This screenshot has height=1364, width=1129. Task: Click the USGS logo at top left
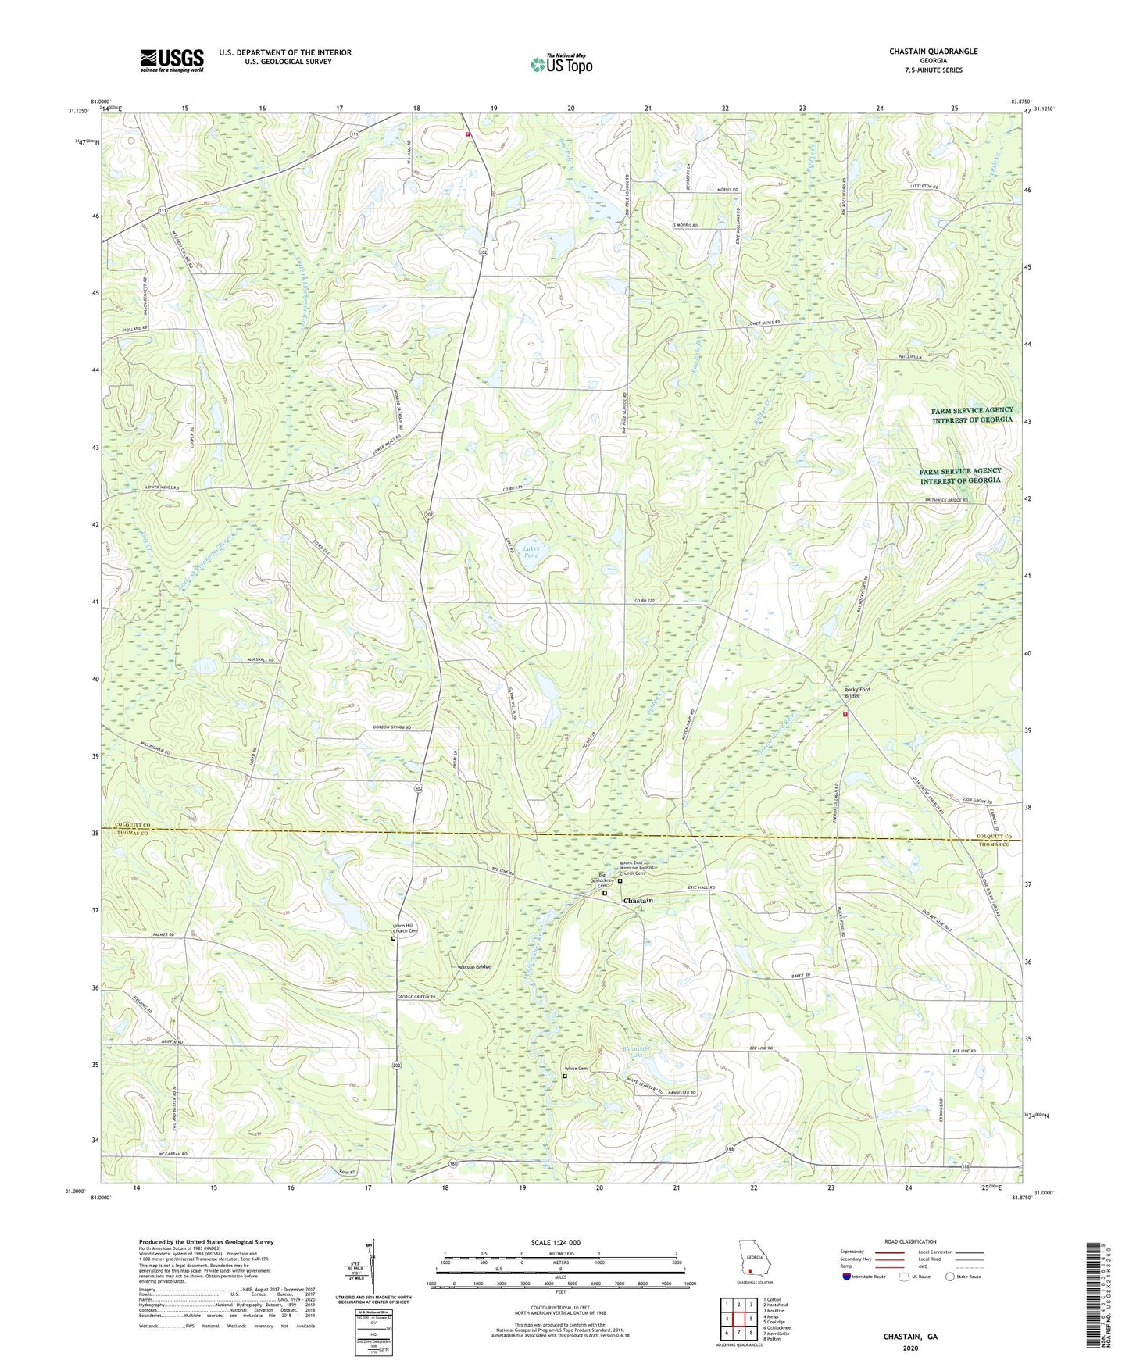tap(171, 60)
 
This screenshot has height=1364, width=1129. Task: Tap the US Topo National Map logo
tap(561, 64)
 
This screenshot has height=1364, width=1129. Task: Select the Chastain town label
tap(638, 901)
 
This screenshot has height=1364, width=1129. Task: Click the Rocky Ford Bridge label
tap(856, 692)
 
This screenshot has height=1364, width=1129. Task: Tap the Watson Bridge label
tap(474, 967)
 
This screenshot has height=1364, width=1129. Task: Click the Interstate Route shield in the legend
tap(849, 1277)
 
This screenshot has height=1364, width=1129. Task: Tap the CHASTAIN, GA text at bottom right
tap(909, 1337)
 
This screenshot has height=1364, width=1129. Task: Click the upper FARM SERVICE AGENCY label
tap(972, 414)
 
